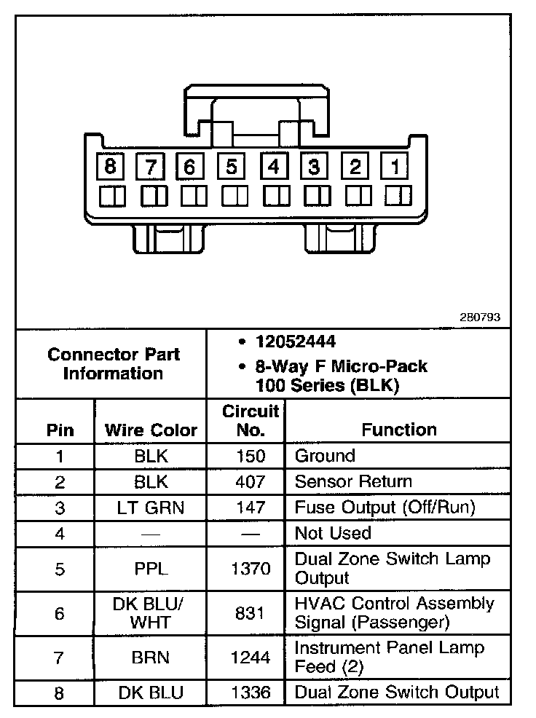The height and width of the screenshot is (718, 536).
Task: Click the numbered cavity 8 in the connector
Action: coord(110,167)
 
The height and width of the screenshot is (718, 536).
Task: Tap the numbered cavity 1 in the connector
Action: coord(395,167)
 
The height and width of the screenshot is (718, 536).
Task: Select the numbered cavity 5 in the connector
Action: coord(232,167)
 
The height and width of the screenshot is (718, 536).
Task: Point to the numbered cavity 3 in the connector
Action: coord(314,167)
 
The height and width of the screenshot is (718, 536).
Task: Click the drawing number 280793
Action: coord(480,317)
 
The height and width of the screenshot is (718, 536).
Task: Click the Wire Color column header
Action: coord(151,430)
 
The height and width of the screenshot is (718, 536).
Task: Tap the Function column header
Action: coord(399,430)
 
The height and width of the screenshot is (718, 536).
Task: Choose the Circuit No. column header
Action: coord(250,421)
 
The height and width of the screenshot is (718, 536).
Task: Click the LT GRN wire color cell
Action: coord(151,508)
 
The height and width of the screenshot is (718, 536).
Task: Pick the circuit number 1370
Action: coord(250,569)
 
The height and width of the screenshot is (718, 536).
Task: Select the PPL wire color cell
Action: coord(151,569)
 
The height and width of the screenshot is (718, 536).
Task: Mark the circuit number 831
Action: coord(250,614)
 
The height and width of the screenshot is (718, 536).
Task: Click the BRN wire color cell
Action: coord(151,658)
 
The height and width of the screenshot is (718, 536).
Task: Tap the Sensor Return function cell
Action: coord(353,482)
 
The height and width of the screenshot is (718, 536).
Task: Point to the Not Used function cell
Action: coord(333,534)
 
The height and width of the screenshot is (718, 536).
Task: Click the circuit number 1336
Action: coord(250,693)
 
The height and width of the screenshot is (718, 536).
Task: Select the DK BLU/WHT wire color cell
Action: coord(151,614)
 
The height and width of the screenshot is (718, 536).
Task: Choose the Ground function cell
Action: coord(325,457)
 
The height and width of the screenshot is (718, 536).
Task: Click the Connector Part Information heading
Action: coord(113,364)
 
